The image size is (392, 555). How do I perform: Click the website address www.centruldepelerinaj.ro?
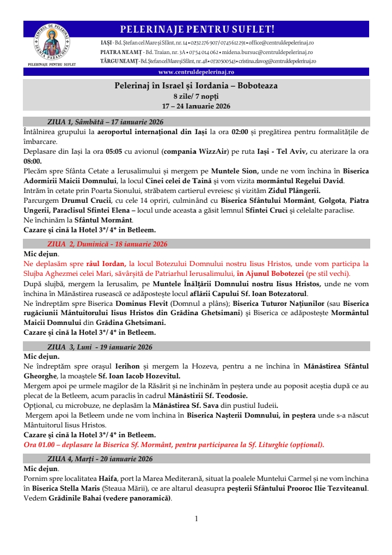pyautogui.click(x=196, y=71)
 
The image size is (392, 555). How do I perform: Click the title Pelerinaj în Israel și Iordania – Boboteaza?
pyautogui.click(x=196, y=86)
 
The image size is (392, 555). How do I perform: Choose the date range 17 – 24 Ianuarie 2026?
pyautogui.click(x=196, y=106)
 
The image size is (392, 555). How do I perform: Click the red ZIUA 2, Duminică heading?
pyautogui.click(x=107, y=244)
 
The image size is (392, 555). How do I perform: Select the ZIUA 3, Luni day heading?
pyautogui.click(x=99, y=347)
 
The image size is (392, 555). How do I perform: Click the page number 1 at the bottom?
pyautogui.click(x=196, y=518)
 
